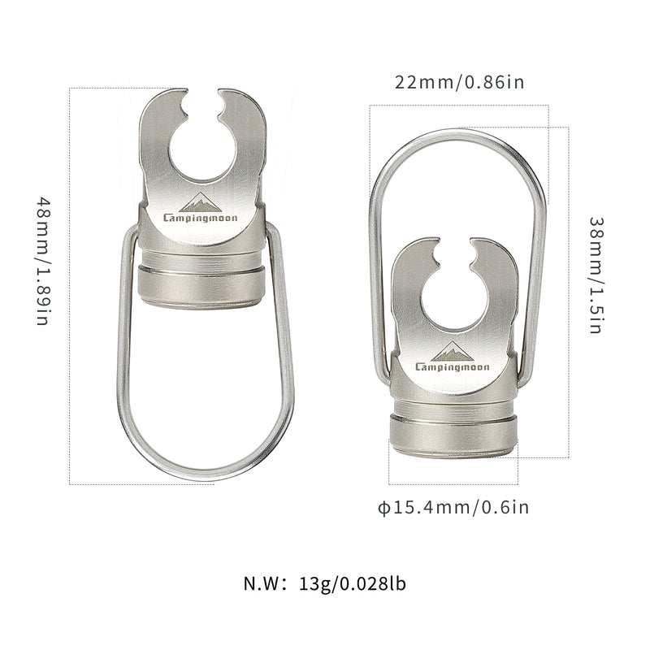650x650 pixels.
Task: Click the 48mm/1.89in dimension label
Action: coord(45,260)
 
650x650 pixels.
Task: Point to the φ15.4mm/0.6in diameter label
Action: coord(453,509)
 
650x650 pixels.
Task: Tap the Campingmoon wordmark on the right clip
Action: coord(454,366)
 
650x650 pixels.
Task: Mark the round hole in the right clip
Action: coord(455,297)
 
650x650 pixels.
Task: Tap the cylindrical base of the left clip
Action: coord(202,279)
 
